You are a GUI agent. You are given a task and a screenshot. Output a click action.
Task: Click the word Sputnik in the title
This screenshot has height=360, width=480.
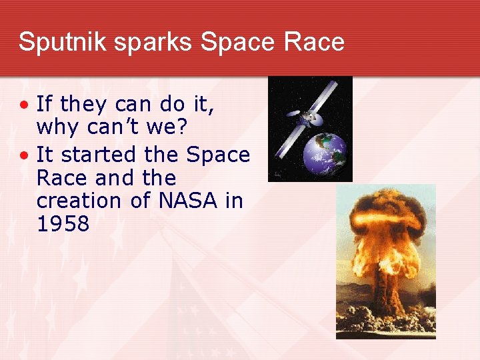click(x=56, y=42)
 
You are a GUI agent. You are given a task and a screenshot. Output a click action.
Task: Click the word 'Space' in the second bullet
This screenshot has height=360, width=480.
click(x=218, y=155)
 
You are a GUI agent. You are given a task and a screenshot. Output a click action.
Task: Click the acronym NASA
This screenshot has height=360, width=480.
click(x=184, y=201)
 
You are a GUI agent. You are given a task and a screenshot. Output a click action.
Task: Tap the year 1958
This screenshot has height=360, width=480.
click(x=63, y=224)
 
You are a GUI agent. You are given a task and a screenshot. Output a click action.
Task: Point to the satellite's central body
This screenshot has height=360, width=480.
click(x=309, y=119)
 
